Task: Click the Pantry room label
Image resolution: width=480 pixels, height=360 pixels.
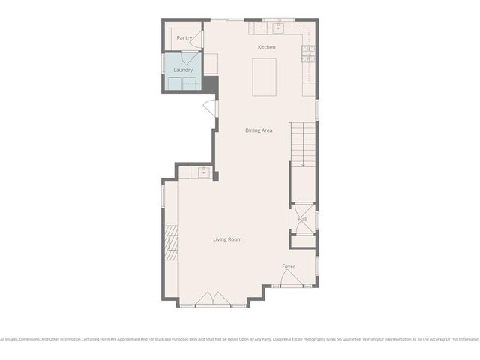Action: pyautogui.click(x=184, y=37)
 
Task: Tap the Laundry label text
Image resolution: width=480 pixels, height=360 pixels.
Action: pyautogui.click(x=183, y=70)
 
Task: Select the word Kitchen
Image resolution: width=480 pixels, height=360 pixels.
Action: pyautogui.click(x=266, y=47)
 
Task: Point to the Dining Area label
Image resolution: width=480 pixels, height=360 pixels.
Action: pyautogui.click(x=259, y=130)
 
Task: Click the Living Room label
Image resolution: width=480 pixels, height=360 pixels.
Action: pyautogui.click(x=227, y=239)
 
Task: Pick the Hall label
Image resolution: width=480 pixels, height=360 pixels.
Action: pyautogui.click(x=303, y=220)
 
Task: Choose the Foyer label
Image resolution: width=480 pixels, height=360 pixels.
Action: pyautogui.click(x=289, y=266)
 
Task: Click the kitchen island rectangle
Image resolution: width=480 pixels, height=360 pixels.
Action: pyautogui.click(x=264, y=77)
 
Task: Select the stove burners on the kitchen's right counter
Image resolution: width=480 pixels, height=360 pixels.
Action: pyautogui.click(x=307, y=52)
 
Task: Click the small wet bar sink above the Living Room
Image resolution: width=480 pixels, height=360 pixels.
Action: pyautogui.click(x=202, y=172)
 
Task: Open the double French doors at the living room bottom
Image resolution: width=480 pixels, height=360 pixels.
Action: pyautogui.click(x=214, y=300)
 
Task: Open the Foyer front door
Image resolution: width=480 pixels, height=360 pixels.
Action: pyautogui.click(x=292, y=279)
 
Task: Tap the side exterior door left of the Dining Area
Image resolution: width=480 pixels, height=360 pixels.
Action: pyautogui.click(x=211, y=109)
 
